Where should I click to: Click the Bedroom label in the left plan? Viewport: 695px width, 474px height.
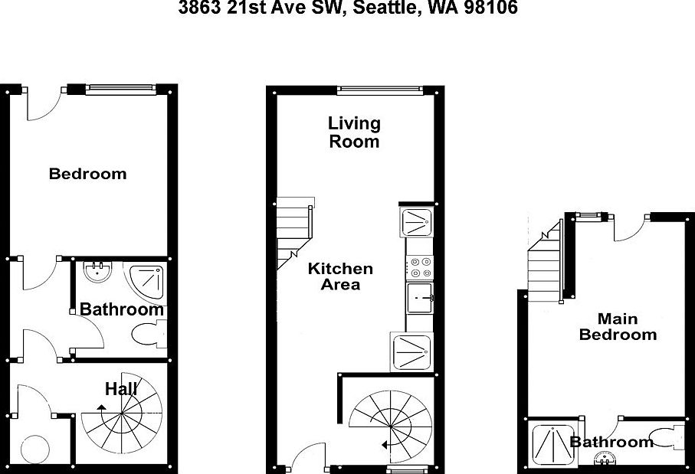[x=87, y=174]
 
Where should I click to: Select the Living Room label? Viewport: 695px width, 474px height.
[x=354, y=132]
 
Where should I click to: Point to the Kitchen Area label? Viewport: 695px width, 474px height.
[x=340, y=276]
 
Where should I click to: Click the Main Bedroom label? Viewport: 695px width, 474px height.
[x=618, y=327]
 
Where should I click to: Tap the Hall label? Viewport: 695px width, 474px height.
[x=121, y=389]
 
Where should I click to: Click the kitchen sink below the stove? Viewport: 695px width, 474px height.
[x=419, y=298]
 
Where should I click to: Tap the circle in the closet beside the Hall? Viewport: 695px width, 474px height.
[x=34, y=448]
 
